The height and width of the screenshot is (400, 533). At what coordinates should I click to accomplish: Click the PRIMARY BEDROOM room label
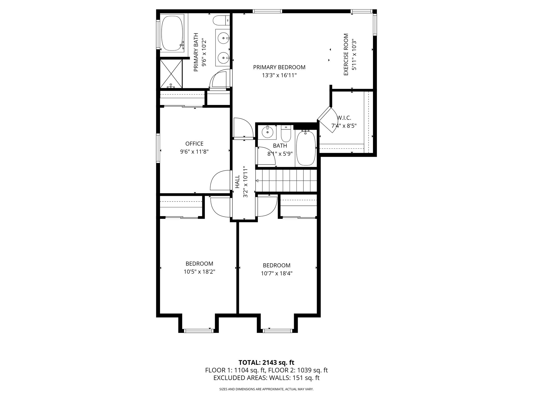(279, 67)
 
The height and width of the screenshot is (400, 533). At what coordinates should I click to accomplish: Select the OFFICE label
(194, 144)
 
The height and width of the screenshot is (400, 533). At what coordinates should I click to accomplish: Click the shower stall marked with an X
(171, 74)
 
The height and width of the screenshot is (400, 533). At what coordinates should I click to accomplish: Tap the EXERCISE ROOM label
(346, 55)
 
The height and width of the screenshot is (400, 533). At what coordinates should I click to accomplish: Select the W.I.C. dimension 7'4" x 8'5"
(344, 126)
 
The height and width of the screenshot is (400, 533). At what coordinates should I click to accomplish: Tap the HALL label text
(237, 182)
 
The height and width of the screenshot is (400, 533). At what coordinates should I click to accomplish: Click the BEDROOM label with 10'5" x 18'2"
(199, 264)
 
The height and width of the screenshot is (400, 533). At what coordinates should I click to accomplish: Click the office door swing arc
(219, 180)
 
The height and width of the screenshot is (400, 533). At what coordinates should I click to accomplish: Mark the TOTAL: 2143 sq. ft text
(266, 362)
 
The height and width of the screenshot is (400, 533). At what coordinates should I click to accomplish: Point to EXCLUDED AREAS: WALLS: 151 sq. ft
(266, 378)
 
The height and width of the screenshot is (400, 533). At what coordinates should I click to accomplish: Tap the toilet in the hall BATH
(286, 133)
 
